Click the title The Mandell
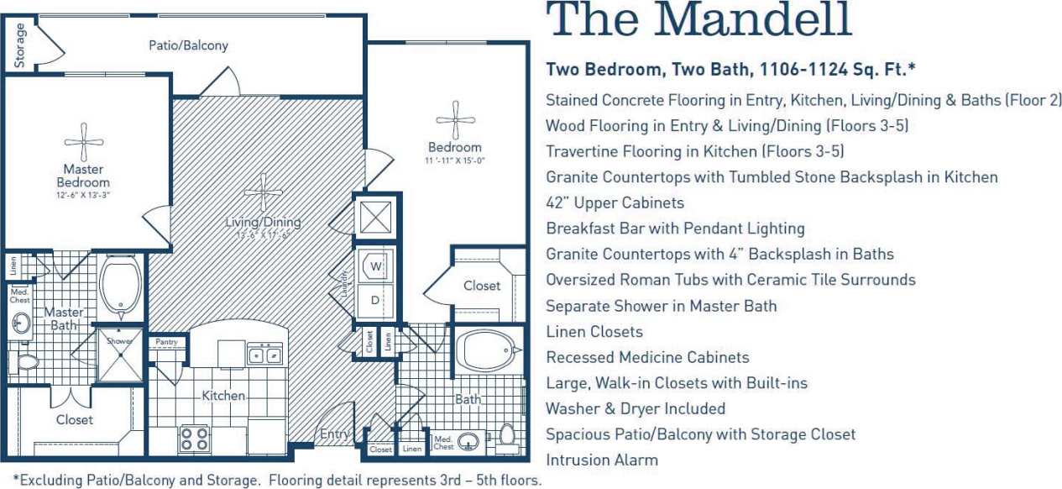pyautogui.click(x=698, y=20)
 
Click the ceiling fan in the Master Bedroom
pyautogui.click(x=84, y=143)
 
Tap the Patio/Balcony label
pyautogui.click(x=188, y=45)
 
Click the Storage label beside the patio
pyautogui.click(x=19, y=45)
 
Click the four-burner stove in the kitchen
pyautogui.click(x=195, y=439)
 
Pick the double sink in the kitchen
pyautogui.click(x=264, y=355)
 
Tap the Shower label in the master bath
pyautogui.click(x=120, y=341)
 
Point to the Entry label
pyautogui.click(x=334, y=434)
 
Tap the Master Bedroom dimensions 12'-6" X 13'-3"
pyautogui.click(x=83, y=195)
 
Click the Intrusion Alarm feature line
pyautogui.click(x=601, y=460)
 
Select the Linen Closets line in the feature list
pyautogui.click(x=594, y=331)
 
